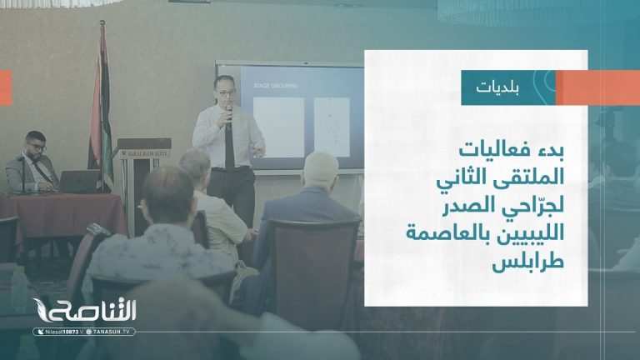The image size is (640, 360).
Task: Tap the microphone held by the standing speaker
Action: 228,110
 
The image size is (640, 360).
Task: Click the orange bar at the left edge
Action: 5,87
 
